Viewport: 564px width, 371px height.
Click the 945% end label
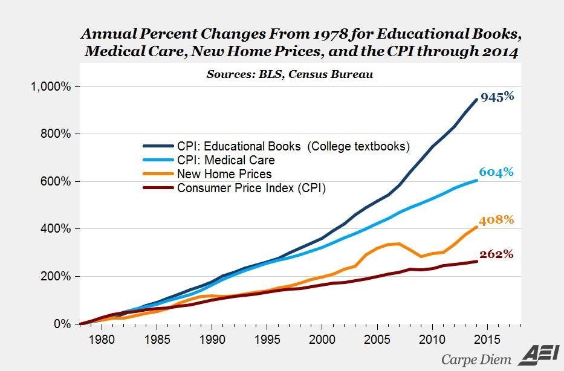coord(497,96)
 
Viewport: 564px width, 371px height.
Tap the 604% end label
coord(497,172)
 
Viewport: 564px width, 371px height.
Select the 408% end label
coord(497,219)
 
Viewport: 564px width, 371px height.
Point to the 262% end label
coord(497,254)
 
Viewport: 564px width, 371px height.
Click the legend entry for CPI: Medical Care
coord(225,160)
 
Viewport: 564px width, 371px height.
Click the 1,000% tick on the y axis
coord(50,86)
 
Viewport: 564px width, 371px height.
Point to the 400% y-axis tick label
coord(56,229)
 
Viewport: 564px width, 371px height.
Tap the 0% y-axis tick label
coord(63,324)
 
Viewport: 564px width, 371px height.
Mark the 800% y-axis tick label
coord(56,134)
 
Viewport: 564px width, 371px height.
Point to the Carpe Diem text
coord(476,358)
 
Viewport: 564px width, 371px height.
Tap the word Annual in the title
coord(115,32)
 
